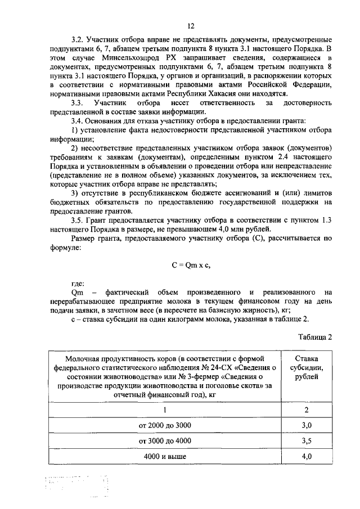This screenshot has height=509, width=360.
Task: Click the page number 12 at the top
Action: point(191,26)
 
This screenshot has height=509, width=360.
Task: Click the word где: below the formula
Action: point(78,284)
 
